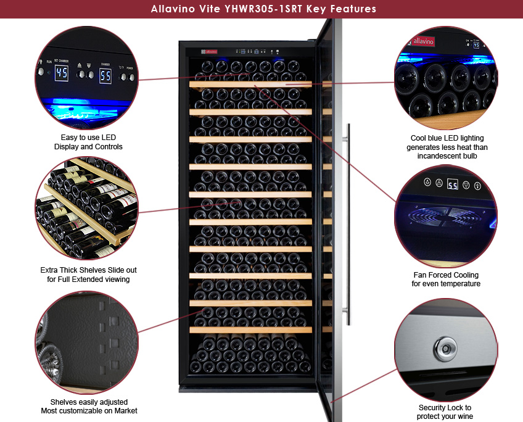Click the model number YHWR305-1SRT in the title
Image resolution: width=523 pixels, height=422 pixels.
tap(263, 9)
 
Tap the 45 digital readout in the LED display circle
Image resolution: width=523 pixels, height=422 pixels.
tap(62, 73)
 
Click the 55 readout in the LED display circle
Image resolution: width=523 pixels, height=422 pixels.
tap(105, 76)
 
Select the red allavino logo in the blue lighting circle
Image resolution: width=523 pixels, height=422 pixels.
tap(423, 42)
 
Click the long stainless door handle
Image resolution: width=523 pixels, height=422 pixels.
tap(348, 224)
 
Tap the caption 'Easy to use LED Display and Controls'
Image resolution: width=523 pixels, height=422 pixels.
tap(88, 142)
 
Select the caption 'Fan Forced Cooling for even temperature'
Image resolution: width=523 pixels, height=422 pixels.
tap(446, 279)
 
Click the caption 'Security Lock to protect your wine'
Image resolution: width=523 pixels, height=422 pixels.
tap(445, 412)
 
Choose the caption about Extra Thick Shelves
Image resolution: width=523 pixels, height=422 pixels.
tap(88, 275)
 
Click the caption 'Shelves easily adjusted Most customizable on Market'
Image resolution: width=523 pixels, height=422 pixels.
tap(89, 407)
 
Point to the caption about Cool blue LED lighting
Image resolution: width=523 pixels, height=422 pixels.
tap(447, 147)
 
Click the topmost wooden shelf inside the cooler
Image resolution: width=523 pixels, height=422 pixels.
tap(250, 84)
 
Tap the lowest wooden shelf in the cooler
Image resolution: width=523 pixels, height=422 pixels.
tap(250, 330)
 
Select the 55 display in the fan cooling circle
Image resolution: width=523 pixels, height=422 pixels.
tap(453, 184)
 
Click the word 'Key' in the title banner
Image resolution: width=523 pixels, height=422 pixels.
tap(316, 9)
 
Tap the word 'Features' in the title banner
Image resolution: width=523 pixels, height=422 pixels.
tap(353, 9)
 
